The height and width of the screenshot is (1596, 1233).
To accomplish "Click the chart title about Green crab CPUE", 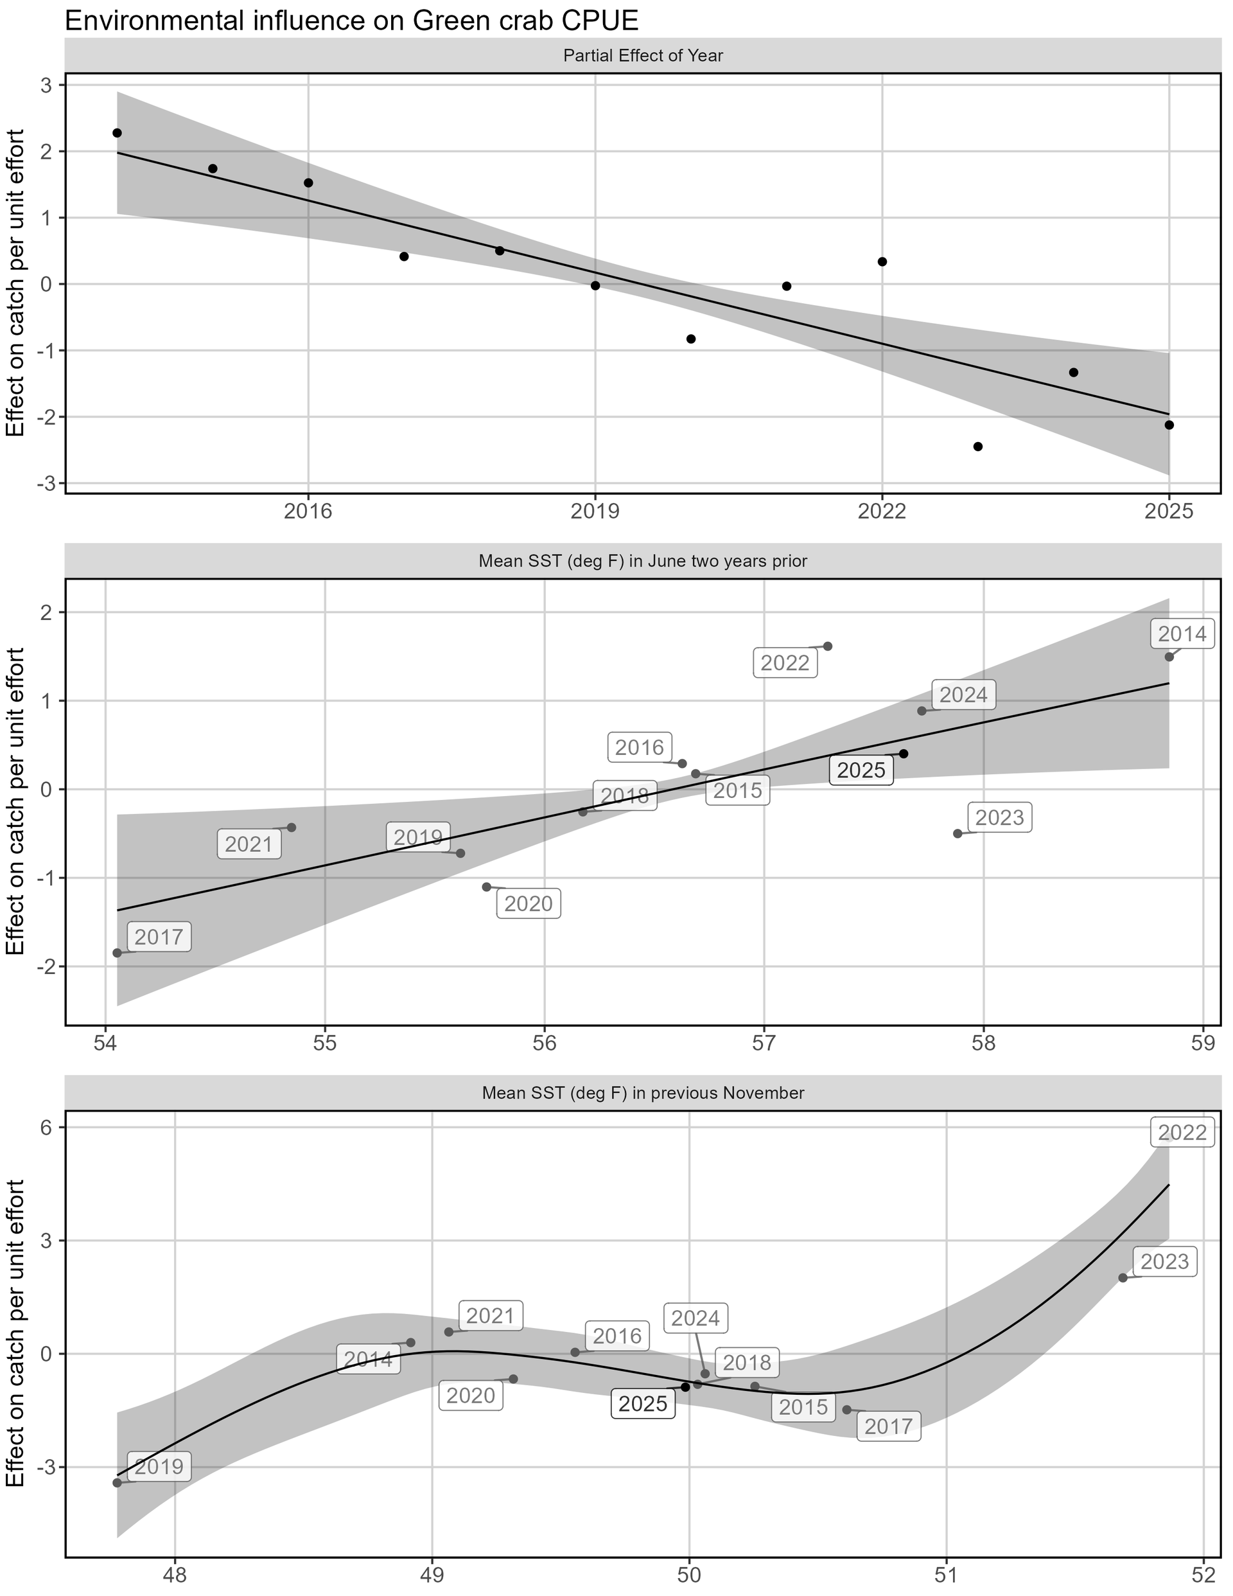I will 351,21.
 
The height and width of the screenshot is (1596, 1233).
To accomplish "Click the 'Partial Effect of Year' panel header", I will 643,55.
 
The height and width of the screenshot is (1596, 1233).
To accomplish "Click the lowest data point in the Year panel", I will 978,447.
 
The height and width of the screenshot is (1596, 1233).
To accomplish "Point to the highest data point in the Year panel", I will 117,133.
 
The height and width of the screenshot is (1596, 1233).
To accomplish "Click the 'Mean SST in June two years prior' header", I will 643,561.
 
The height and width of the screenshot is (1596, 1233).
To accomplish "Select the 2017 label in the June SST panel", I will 159,937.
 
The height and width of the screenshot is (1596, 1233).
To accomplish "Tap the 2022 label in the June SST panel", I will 785,663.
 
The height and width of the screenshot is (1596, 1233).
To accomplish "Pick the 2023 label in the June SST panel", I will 999,817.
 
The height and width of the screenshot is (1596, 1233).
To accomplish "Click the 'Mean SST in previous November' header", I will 643,1093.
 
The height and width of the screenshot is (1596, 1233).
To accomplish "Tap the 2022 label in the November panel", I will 1183,1133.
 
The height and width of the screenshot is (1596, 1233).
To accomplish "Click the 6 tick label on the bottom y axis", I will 46,1128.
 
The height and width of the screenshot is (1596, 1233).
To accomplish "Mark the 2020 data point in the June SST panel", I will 487,887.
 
